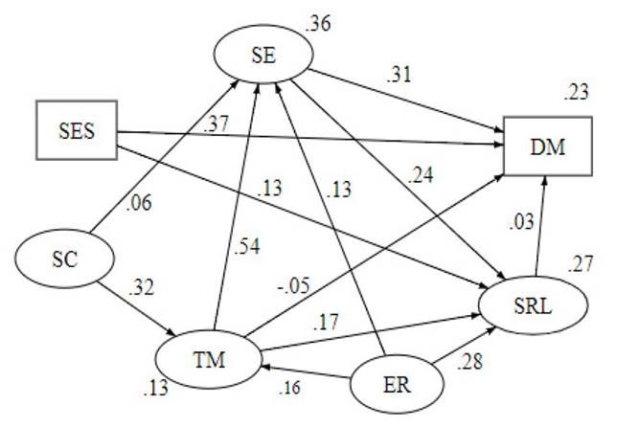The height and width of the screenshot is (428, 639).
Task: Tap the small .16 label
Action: point(290,390)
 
